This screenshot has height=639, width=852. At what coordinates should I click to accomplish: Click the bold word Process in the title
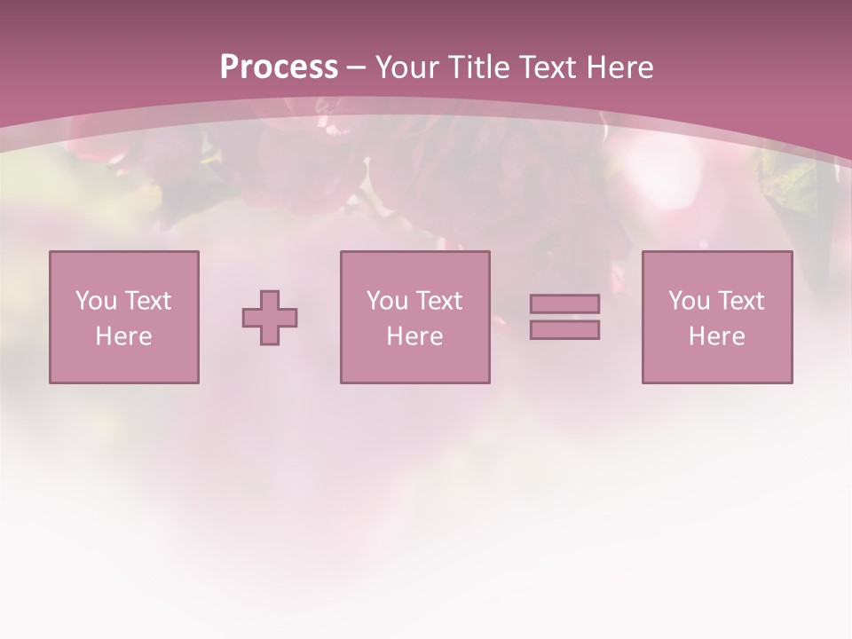[279, 67]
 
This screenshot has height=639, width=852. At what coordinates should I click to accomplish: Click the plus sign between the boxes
[270, 318]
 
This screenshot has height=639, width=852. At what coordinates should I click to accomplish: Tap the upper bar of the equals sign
[564, 304]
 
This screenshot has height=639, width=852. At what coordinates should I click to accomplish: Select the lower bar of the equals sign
[564, 329]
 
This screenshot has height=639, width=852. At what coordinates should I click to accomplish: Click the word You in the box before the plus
[96, 301]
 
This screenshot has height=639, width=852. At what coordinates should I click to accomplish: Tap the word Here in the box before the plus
[123, 336]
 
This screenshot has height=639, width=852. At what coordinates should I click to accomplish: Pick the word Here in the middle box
[414, 336]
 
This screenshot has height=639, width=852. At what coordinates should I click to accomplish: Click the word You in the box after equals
[689, 301]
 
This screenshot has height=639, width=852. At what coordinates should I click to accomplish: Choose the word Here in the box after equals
[716, 336]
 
